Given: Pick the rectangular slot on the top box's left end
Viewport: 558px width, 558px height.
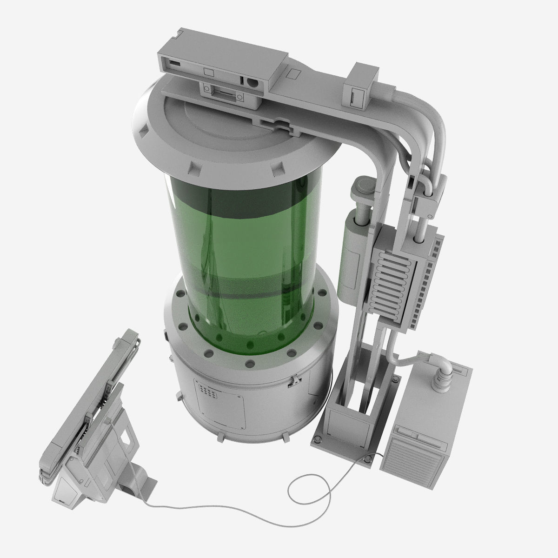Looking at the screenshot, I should [x=175, y=62].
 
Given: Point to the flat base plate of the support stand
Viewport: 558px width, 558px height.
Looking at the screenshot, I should [x=346, y=439].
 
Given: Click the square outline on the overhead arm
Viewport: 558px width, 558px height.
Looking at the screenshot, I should [x=294, y=73].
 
